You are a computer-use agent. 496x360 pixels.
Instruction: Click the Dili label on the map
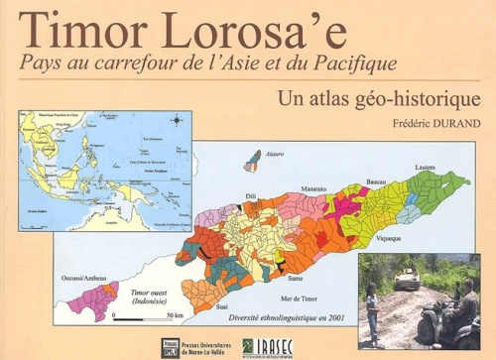[250, 196]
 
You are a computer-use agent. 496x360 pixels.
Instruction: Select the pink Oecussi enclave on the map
[93, 300]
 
